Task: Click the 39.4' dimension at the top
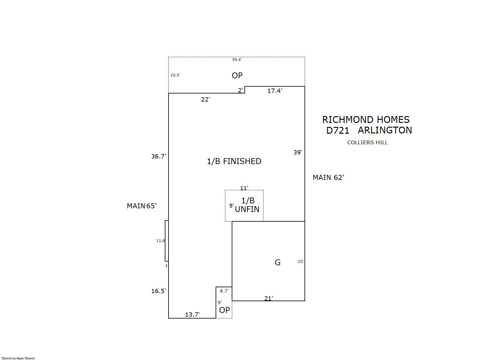click(x=237, y=59)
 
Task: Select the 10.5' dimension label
click(x=175, y=75)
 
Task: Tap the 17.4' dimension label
click(x=275, y=91)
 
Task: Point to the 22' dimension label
click(x=205, y=99)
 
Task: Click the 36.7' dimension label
click(x=159, y=156)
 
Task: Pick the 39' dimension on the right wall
click(x=298, y=152)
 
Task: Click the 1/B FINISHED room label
click(x=234, y=161)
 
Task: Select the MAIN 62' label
click(x=328, y=177)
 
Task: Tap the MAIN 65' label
click(x=142, y=206)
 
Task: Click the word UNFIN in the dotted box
click(x=247, y=209)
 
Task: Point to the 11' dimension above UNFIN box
click(x=244, y=188)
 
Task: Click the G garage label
click(x=278, y=262)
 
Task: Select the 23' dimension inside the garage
click(x=300, y=262)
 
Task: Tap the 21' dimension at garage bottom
click(x=269, y=298)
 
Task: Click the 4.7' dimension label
click(x=224, y=291)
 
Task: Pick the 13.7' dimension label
click(x=192, y=315)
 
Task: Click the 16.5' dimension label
click(x=159, y=291)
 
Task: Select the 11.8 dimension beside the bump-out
click(x=160, y=241)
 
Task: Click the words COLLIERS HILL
click(x=367, y=143)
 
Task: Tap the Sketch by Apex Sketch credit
click(x=18, y=358)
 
